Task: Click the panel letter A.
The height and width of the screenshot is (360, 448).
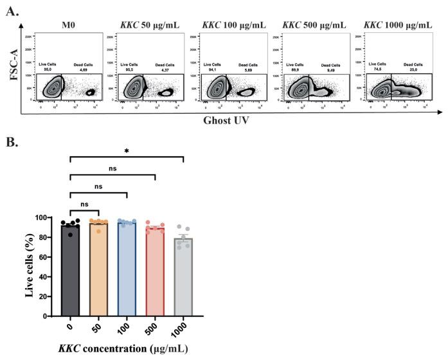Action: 10,11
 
